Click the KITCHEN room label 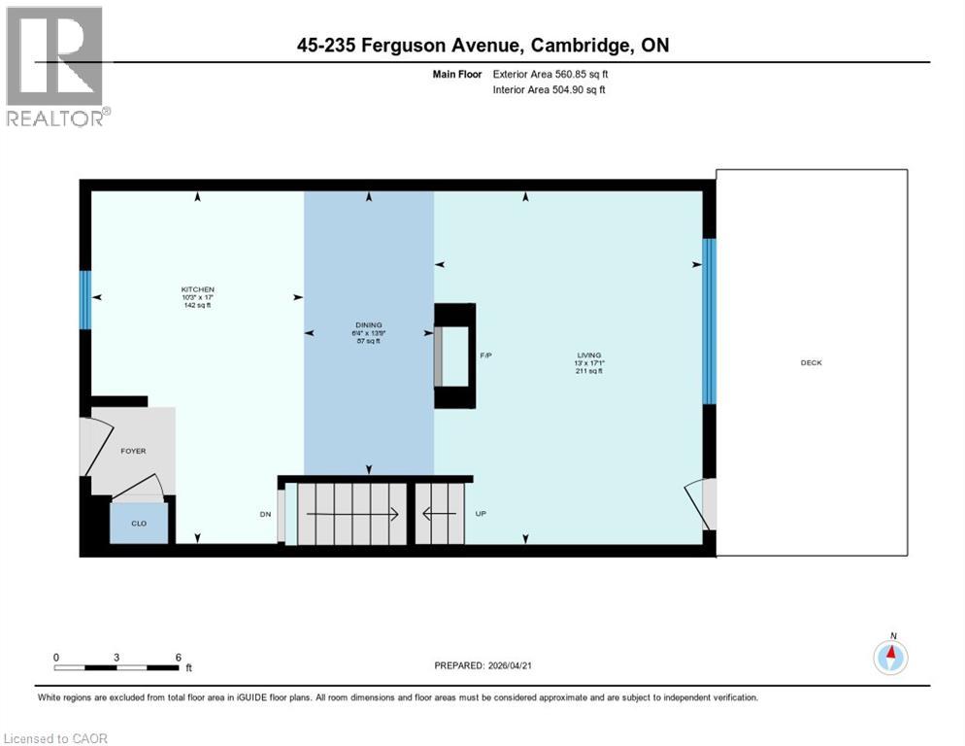197,290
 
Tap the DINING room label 368,325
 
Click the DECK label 811,362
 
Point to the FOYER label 133,452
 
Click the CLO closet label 139,523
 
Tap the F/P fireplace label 486,356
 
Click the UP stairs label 481,514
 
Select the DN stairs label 265,514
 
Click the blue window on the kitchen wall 85,299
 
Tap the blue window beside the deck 709,322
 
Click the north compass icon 889,657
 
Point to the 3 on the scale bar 116,658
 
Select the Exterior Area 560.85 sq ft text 550,74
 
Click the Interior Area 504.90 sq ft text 549,90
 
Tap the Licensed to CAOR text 55,738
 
